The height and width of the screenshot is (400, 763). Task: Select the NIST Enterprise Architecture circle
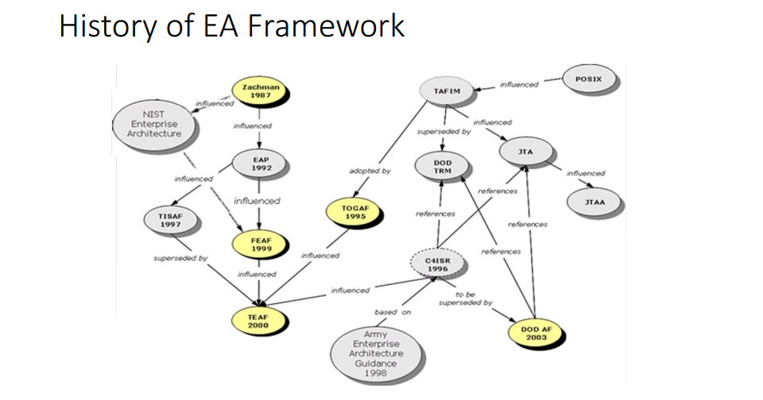pos(154,125)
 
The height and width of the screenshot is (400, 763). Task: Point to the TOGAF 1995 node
pos(354,211)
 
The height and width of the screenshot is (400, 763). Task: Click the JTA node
pos(525,150)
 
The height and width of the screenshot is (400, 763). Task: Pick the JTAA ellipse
pos(594,202)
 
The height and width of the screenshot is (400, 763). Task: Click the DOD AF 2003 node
pos(536,332)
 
